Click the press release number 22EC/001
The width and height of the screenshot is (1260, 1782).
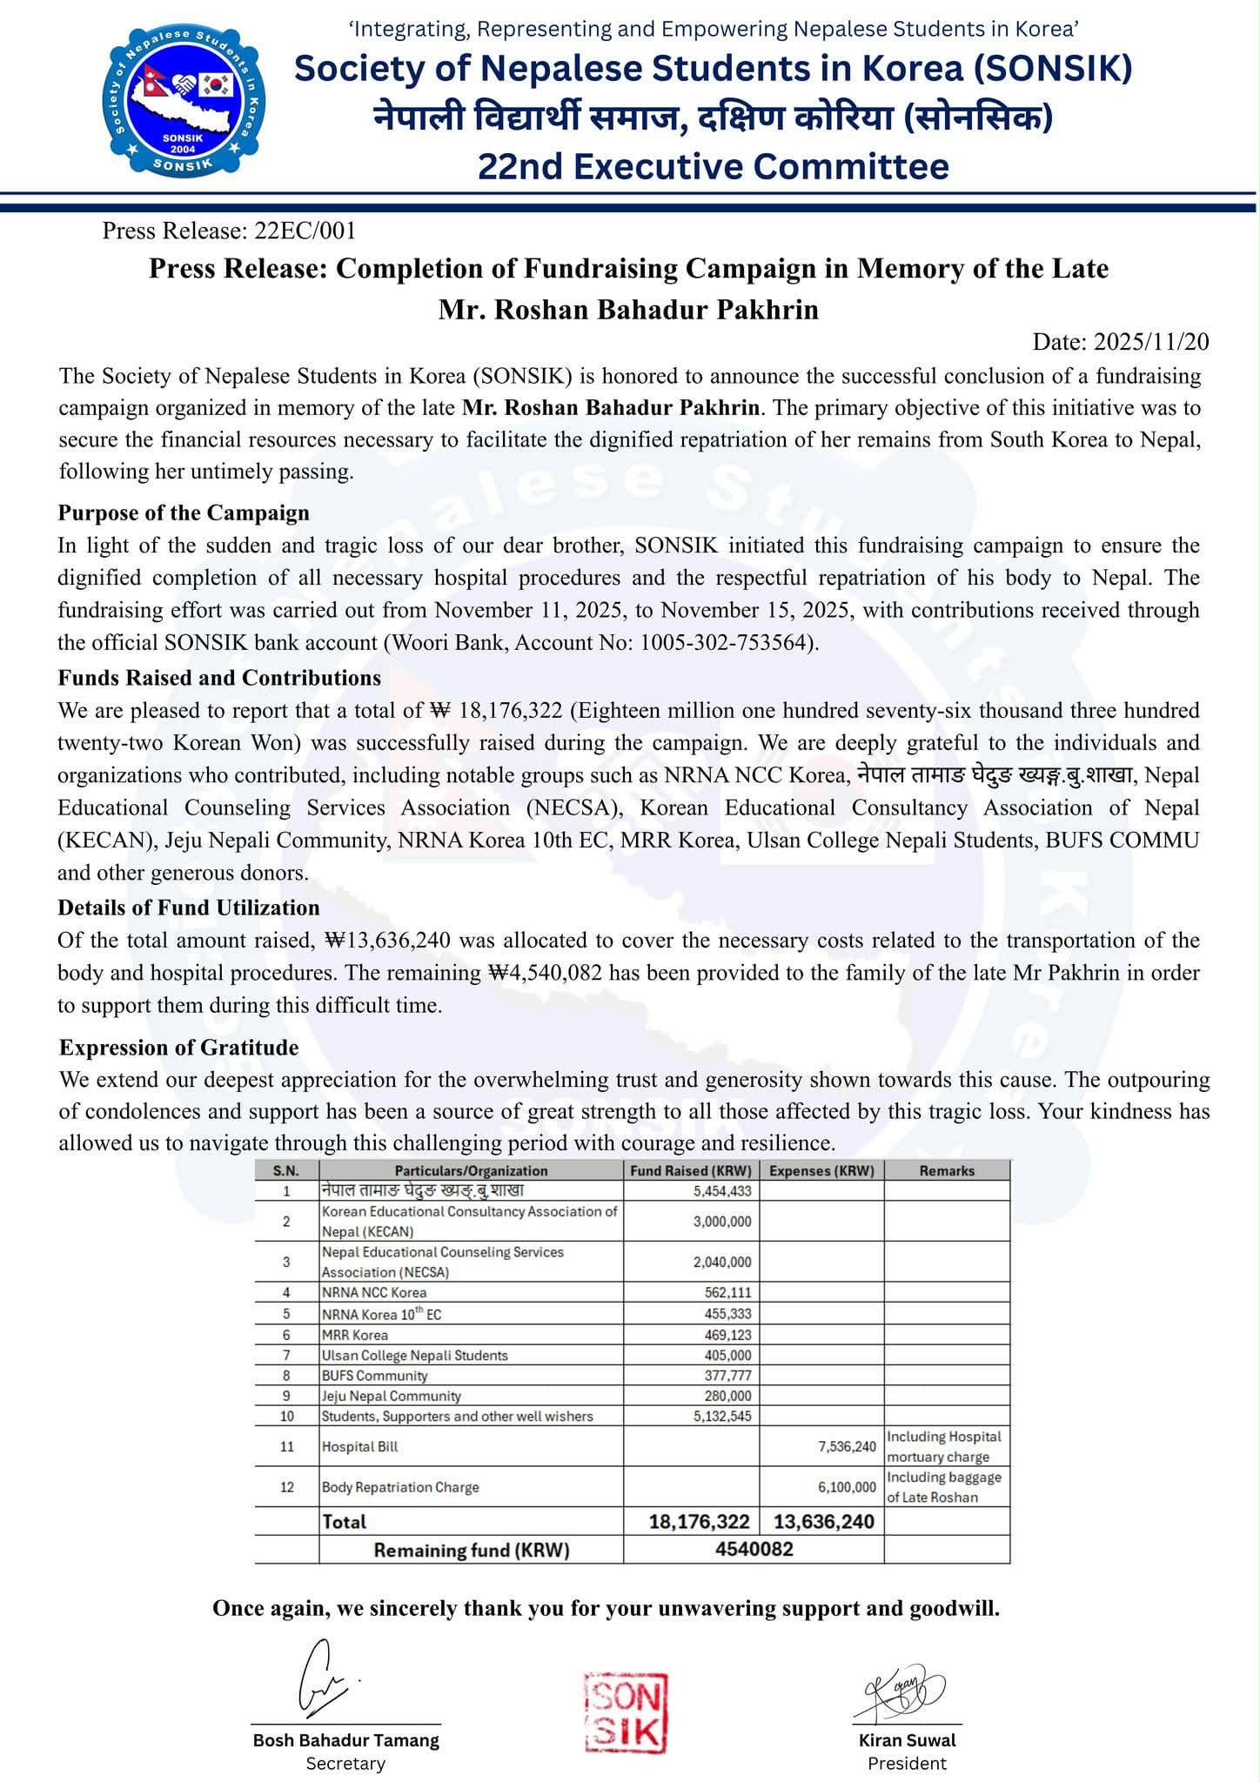click(x=305, y=231)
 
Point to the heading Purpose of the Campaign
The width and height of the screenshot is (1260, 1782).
click(x=184, y=512)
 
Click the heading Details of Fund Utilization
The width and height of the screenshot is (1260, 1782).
click(x=189, y=908)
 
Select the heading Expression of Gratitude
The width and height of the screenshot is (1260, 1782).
click(x=178, y=1047)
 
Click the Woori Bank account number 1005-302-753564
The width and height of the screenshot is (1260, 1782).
click(x=727, y=643)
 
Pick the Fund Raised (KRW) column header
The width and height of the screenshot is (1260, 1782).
click(x=691, y=1170)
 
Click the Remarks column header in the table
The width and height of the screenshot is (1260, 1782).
click(x=947, y=1170)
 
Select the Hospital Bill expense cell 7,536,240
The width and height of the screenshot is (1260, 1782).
click(x=847, y=1446)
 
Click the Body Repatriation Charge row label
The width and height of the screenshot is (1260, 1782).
click(x=400, y=1487)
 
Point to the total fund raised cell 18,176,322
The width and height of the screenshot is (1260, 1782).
click(x=699, y=1521)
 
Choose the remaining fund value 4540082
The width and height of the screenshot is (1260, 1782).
click(x=753, y=1550)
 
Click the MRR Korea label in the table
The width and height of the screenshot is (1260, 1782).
click(x=355, y=1335)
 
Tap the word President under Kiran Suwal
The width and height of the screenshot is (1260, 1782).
click(x=907, y=1764)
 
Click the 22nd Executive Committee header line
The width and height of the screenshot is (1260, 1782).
click(x=714, y=166)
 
